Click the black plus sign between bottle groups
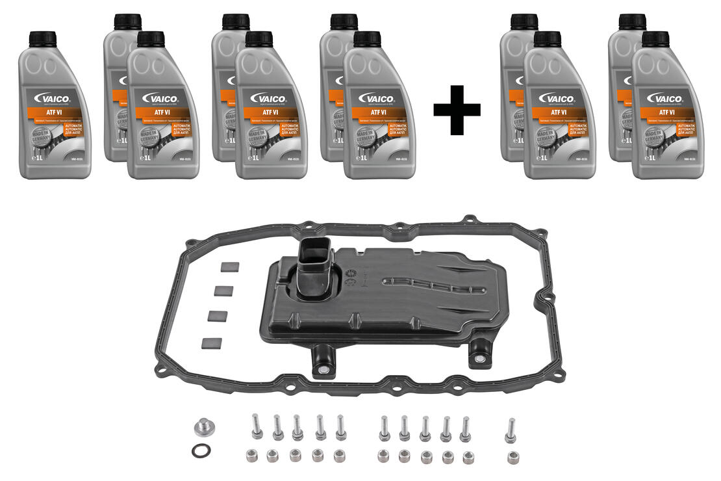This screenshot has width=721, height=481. click(457, 109)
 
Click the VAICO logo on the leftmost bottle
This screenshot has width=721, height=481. click(55, 99)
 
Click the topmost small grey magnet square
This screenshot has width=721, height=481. click(230, 266)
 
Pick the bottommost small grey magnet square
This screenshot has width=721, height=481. click(212, 343)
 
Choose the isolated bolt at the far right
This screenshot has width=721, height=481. click(511, 430)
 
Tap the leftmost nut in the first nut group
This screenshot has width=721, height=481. click(253, 455)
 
